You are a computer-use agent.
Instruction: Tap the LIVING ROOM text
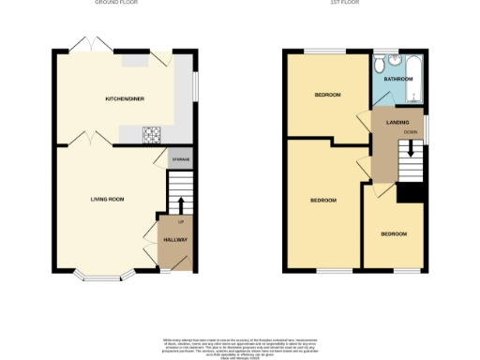(108, 199)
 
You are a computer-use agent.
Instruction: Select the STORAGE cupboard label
(180, 160)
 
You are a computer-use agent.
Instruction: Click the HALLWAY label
(175, 240)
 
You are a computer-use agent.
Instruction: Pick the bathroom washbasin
(394, 59)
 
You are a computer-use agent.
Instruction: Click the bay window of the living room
(103, 277)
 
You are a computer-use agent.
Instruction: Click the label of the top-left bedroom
(327, 95)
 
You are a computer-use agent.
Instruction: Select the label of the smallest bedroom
(394, 233)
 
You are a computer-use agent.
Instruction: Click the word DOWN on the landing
(410, 132)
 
